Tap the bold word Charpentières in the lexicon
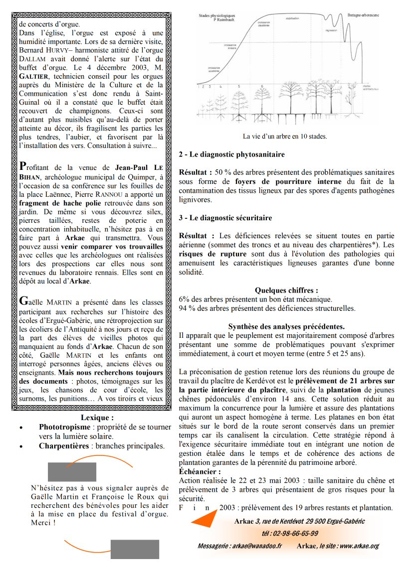pos(63,446)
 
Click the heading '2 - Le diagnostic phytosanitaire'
pos(231,155)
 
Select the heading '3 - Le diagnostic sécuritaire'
pos(225,218)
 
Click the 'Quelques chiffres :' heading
pos(286,290)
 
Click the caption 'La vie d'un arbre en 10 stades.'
pos(285,136)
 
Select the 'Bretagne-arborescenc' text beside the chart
pos(370,15)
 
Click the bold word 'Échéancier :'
pos(200,471)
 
